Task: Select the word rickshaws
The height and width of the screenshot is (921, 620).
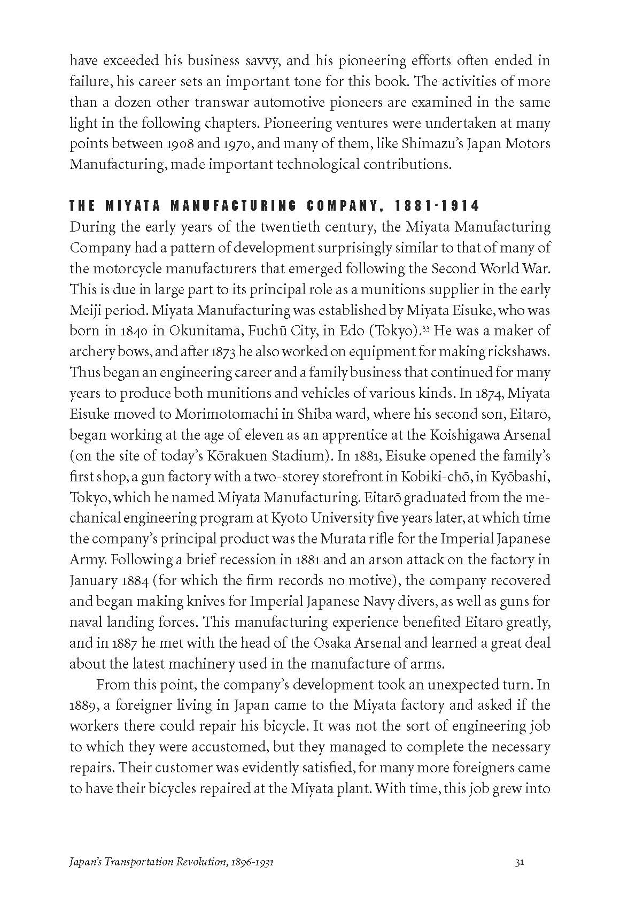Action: [x=519, y=352]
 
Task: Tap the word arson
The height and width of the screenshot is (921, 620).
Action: [x=370, y=560]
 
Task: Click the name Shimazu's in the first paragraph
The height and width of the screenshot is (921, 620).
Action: [x=406, y=144]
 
